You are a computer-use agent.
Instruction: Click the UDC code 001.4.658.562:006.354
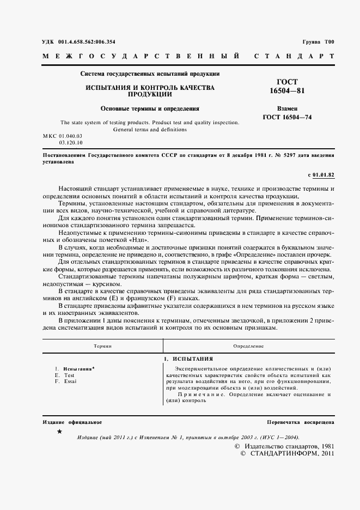point(87,42)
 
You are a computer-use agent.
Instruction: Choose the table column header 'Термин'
point(102,346)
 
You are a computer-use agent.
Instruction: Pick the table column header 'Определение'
point(248,346)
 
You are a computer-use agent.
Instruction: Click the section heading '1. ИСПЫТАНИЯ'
point(188,359)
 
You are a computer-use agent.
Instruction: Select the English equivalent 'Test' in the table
point(69,375)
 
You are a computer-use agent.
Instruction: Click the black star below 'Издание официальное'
point(59,432)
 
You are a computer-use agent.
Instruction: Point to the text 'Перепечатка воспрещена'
point(301,422)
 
